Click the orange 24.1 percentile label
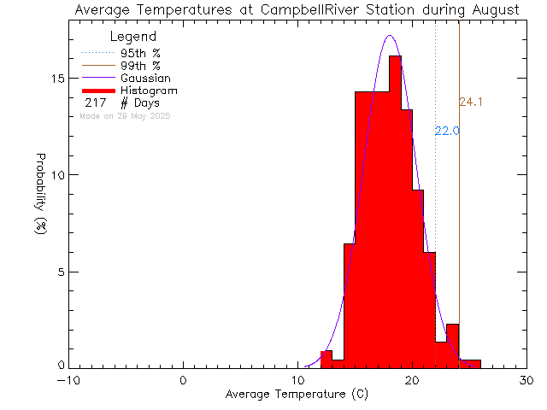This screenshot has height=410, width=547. tap(471, 102)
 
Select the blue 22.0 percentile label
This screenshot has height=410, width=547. tap(447, 131)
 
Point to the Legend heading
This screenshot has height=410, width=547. tap(133, 37)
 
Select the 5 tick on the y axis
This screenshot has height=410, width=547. tap(60, 272)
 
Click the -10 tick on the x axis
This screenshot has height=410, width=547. tap(68, 381)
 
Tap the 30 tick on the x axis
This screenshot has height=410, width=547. tap(526, 381)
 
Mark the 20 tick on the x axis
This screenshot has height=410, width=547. tap(412, 381)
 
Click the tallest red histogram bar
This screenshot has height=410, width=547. tap(395, 214)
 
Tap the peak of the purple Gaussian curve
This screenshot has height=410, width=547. tap(390, 36)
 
